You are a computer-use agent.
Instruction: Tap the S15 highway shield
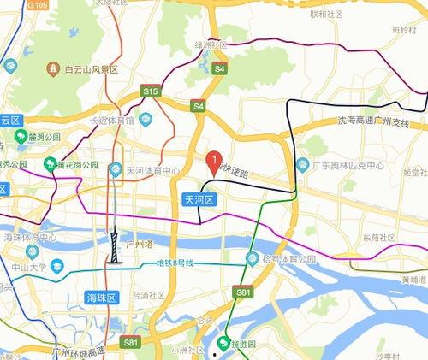point(151,90)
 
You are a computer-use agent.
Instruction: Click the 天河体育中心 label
point(152,170)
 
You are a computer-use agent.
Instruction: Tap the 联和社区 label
point(326,14)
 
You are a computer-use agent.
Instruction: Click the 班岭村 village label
point(402,28)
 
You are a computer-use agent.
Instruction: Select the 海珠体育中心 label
point(29,237)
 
